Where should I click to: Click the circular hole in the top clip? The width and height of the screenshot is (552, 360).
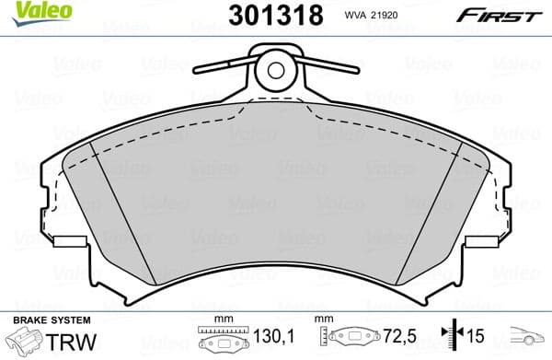[x=274, y=67]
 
